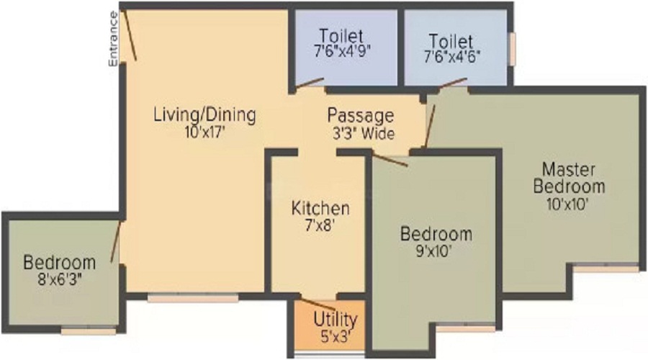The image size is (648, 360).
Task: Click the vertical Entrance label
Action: (113, 38)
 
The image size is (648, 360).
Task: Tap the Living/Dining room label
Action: (205, 115)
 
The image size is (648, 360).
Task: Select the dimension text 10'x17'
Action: (205, 132)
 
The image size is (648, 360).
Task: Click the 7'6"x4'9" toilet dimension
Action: (342, 51)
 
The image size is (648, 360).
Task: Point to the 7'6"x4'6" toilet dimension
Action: (451, 56)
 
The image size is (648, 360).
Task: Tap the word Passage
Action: (361, 116)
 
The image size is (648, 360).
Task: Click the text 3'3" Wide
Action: (364, 133)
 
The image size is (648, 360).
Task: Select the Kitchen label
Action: (320, 208)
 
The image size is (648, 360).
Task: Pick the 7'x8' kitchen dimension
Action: (319, 225)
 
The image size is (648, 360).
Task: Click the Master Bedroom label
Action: (569, 178)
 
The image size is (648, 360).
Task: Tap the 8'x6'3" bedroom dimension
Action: (60, 280)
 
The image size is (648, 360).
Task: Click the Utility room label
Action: (335, 320)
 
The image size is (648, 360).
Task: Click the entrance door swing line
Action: (130, 35)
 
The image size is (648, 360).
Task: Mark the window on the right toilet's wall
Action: (512, 49)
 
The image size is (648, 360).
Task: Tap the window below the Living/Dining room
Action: (193, 297)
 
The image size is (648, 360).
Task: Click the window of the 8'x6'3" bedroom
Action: (89, 330)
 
